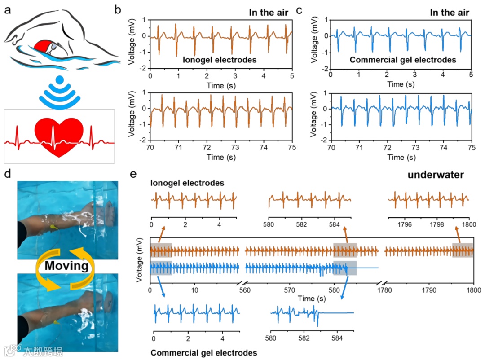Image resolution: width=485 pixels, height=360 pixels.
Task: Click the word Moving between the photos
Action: point(66,266)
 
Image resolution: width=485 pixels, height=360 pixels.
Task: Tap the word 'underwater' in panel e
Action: point(435,175)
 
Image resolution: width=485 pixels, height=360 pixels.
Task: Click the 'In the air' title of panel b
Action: point(269,12)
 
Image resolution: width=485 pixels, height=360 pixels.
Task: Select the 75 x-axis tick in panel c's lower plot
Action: point(471,148)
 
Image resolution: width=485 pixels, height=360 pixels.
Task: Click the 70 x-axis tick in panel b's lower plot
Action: point(150,148)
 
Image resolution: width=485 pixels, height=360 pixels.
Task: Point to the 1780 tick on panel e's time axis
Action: point(385,290)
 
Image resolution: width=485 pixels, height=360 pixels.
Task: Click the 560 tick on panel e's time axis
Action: point(245,290)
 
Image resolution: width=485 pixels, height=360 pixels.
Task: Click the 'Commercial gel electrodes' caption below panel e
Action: point(204,352)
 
